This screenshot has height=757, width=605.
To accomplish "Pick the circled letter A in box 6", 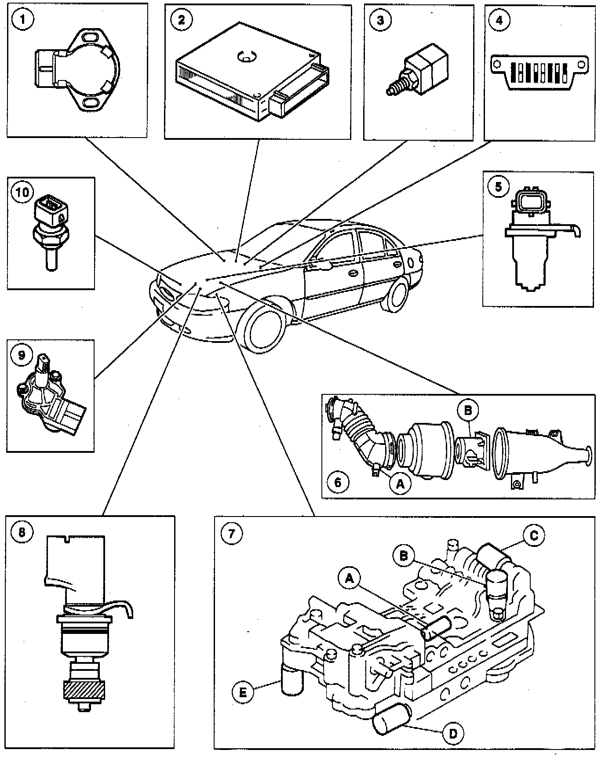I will click(x=400, y=484).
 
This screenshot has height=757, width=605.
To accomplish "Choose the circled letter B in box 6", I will click(x=467, y=410).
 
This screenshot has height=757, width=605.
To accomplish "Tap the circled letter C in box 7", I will click(x=533, y=535).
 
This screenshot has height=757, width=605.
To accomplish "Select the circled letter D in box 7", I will click(x=453, y=733).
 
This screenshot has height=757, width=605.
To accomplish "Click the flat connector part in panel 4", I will click(x=539, y=71).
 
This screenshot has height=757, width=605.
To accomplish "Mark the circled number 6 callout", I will click(x=338, y=482).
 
